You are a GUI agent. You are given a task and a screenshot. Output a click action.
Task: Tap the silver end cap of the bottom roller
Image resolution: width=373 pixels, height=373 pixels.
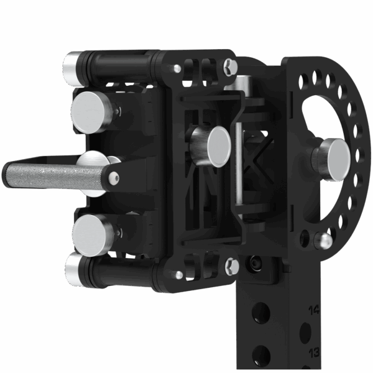point(74,269)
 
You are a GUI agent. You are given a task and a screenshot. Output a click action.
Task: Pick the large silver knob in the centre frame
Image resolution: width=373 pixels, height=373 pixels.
point(218,145)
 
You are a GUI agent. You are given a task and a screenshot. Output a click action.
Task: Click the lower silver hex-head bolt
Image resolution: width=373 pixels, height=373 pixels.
point(232,265)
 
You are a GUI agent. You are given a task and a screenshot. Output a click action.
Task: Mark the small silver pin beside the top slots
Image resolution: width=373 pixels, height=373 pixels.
point(178,68)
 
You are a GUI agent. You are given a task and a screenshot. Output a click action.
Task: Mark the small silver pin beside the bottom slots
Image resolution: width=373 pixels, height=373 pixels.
point(178,273)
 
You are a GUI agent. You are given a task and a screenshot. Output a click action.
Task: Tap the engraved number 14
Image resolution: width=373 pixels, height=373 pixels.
point(314,309)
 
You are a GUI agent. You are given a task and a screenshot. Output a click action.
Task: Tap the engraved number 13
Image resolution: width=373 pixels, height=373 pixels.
point(314,352)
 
